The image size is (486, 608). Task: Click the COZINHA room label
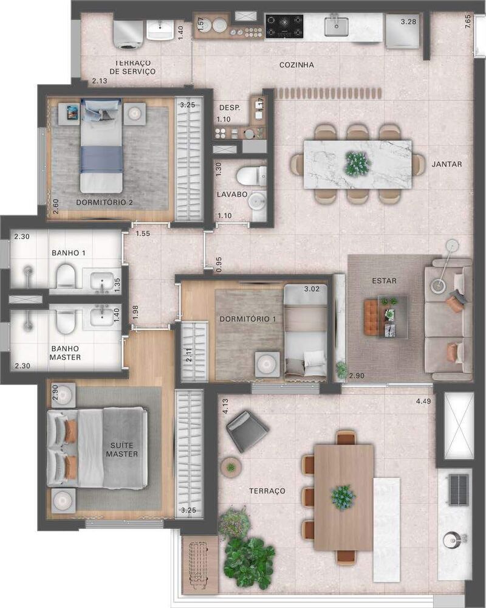tap(296, 65)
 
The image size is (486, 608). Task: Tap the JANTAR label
tap(447, 164)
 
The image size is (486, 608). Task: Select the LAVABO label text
tap(232, 195)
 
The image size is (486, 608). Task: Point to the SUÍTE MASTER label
tap(122, 449)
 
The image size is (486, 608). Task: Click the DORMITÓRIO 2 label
tap(104, 202)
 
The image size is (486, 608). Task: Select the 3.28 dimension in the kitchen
tap(409, 22)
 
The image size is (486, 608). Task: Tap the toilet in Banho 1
tap(65, 278)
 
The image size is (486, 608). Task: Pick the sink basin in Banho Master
tap(101, 317)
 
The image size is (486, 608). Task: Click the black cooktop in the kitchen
tap(284, 26)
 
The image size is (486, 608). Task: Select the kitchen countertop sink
tap(336, 26)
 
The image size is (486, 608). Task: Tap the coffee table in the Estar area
tap(386, 316)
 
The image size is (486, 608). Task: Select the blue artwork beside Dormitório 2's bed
tap(72, 111)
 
